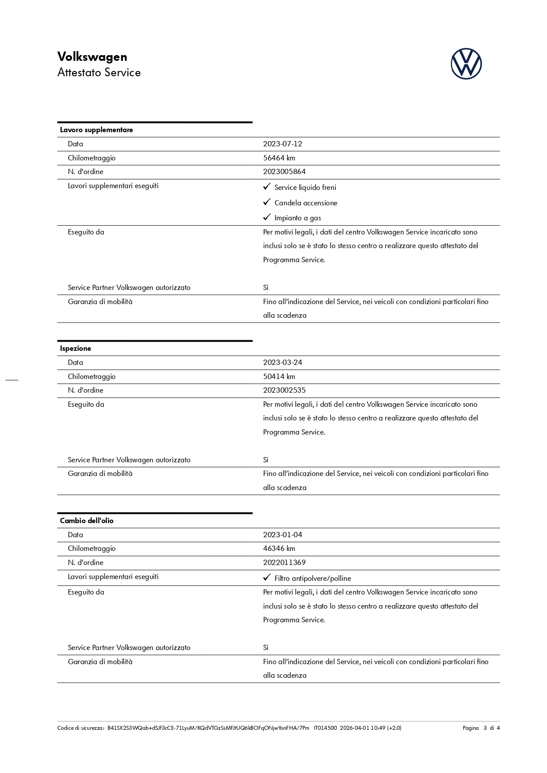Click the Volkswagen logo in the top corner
point(466,64)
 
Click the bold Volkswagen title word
point(92,57)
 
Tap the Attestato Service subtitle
point(99,73)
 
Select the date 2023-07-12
point(283,144)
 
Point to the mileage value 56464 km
point(279,158)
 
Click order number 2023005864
point(284,171)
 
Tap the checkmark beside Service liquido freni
point(267,187)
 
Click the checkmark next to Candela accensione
point(267,202)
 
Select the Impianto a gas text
point(298,218)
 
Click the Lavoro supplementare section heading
point(97,130)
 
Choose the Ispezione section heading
point(75,349)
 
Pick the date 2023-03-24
point(283,362)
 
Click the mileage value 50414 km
point(279,376)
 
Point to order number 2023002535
point(284,390)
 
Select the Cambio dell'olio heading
point(87,521)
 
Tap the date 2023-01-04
point(283,535)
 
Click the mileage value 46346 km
point(279,548)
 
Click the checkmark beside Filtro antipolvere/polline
point(267,578)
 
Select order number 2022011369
point(284,562)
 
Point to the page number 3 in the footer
point(485,728)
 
